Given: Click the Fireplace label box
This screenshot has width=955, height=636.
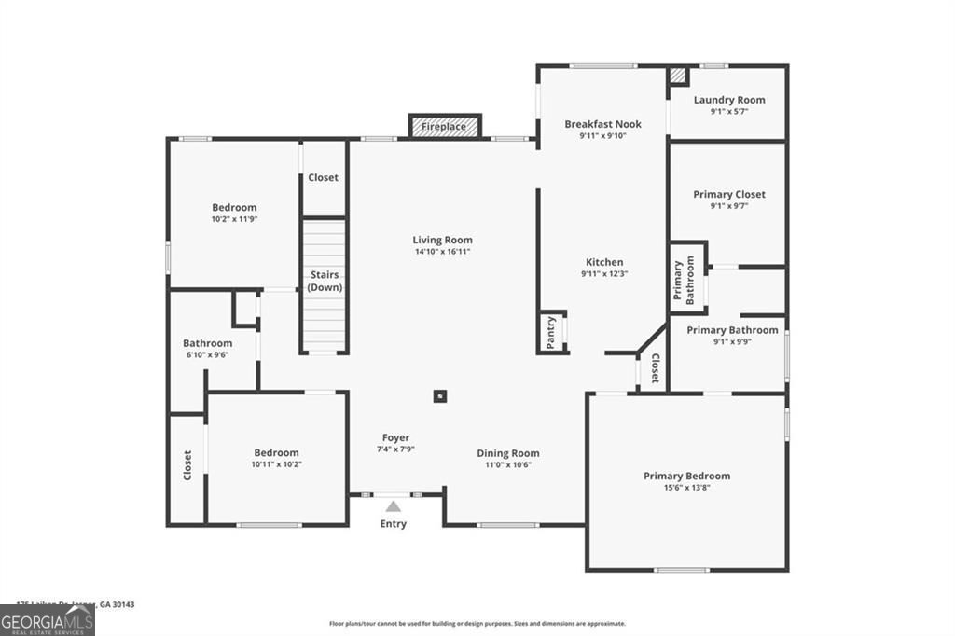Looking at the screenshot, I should (445, 126).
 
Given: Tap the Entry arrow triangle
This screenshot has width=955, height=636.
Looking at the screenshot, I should (394, 506).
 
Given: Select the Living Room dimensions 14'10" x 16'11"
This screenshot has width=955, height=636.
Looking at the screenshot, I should (443, 252).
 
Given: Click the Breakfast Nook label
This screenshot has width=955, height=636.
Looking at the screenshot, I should (602, 124).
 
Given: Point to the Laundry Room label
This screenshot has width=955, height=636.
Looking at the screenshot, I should (729, 100).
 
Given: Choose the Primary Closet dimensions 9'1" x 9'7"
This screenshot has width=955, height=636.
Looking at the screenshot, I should (729, 206).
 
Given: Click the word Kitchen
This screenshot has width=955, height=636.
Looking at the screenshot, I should (604, 262).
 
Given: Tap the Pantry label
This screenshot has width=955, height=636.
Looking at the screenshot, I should (551, 333).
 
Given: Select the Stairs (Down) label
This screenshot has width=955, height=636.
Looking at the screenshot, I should (325, 281).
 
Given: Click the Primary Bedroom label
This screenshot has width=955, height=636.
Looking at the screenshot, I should (686, 476).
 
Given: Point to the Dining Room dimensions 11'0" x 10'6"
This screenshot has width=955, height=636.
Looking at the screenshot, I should (508, 465).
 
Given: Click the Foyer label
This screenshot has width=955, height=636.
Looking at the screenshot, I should (395, 437).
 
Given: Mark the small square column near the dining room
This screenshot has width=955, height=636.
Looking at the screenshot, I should (439, 395).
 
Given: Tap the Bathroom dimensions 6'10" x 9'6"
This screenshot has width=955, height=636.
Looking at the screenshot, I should (208, 354).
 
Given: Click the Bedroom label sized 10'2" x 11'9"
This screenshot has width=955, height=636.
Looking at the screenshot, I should (234, 208).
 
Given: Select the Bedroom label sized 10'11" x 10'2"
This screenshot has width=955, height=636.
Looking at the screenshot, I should (277, 453).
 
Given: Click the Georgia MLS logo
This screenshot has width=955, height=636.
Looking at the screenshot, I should (48, 621).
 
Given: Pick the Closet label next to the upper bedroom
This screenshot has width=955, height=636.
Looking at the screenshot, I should (324, 177).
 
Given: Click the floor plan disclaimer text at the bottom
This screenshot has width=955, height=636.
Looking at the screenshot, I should (477, 624).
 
